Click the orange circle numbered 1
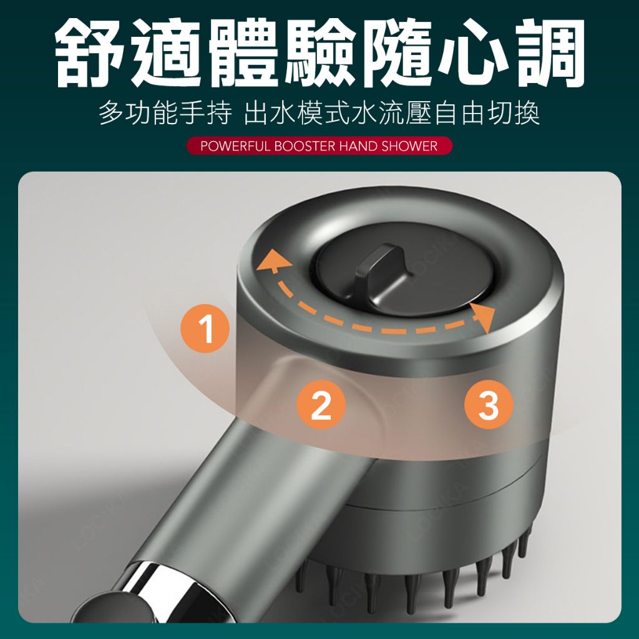205,328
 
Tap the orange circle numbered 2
321,404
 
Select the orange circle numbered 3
489,404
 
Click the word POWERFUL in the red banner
235,146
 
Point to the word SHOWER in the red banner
409,146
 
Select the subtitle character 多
112,113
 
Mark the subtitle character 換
527,113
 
